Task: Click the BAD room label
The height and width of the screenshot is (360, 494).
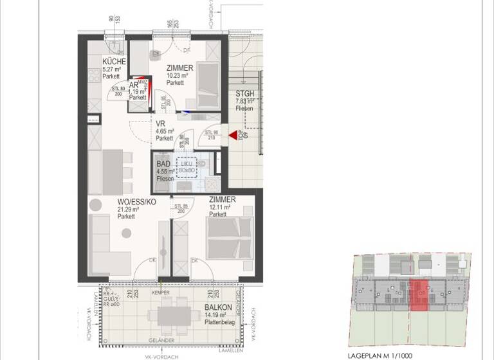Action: click(163, 164)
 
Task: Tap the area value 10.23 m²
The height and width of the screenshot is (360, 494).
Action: click(176, 75)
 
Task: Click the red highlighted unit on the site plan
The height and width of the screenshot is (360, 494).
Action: click(419, 296)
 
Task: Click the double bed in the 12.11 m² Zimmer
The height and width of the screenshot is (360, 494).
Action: click(229, 238)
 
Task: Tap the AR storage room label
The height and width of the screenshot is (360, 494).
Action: click(134, 85)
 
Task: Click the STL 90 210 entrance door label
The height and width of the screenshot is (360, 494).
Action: click(211, 134)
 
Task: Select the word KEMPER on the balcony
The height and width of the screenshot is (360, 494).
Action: click(161, 293)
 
